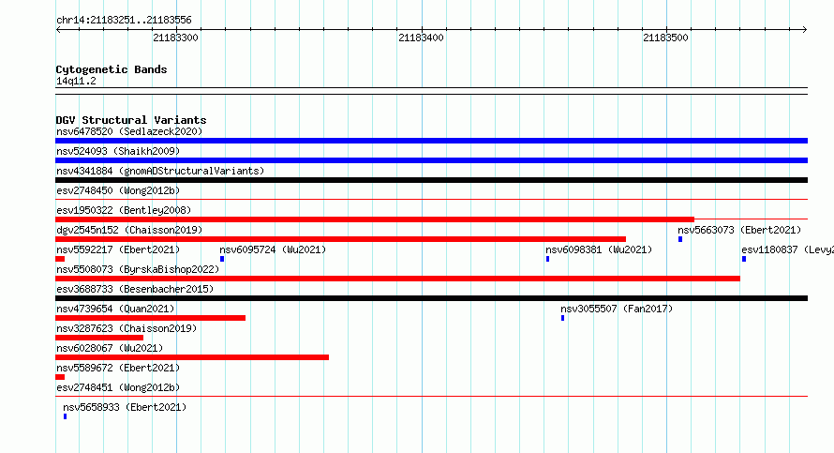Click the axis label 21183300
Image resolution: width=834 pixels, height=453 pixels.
pos(175,38)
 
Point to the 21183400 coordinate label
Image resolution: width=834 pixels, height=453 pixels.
pos(421,38)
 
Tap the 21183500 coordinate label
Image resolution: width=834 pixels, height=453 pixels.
pos(665,38)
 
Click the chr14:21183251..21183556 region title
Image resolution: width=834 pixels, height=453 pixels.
pos(124,21)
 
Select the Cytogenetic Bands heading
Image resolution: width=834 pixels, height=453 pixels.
pos(112,69)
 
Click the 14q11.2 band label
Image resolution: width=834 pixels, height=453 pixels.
pos(76,81)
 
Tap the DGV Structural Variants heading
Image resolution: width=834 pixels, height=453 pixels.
pos(131,120)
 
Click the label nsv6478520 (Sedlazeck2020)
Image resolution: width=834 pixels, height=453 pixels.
pos(129,131)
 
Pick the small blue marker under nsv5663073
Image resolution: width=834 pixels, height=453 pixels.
pos(680,239)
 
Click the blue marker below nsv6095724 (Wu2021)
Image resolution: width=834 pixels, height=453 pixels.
pos(222,259)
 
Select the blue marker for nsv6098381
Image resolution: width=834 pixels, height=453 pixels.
pos(547,259)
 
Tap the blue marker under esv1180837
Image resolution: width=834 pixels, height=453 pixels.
pos(744,259)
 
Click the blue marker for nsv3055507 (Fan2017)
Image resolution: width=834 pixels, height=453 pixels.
pos(563,318)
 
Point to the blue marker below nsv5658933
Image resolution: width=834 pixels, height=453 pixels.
pos(65,416)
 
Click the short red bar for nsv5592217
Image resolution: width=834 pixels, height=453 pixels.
pos(60,259)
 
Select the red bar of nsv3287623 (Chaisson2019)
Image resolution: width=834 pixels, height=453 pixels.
pos(99,338)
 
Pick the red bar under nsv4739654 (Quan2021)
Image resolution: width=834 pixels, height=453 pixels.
pos(151,318)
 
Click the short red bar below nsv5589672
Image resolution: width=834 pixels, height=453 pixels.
pos(60,377)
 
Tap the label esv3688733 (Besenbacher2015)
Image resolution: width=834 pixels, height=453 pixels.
pos(135,289)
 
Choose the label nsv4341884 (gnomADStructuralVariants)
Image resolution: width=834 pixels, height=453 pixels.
pos(160,171)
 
